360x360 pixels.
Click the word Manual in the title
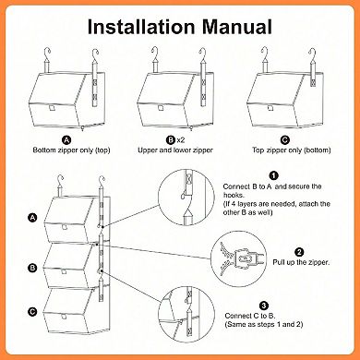coord(237,27)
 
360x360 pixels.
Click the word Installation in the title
coord(141,27)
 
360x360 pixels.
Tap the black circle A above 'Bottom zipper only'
coord(66,140)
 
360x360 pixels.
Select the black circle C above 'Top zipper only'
coord(285,140)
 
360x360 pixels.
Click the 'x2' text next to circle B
coord(181,140)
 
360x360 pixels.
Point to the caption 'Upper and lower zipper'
coord(175,150)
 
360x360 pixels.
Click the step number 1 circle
coord(273,175)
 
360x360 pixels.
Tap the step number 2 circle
coord(299,252)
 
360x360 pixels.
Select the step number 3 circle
coord(264,306)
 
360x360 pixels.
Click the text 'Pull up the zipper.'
coord(301,262)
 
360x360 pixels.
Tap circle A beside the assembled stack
coord(32,218)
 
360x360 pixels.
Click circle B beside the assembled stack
coord(32,268)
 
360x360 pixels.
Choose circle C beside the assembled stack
coord(32,312)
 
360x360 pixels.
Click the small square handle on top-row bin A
coord(51,108)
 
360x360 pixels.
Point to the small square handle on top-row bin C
coord(270,108)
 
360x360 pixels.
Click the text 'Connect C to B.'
coord(250,316)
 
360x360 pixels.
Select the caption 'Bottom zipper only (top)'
coord(71,150)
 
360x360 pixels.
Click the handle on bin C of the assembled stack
coord(64,317)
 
